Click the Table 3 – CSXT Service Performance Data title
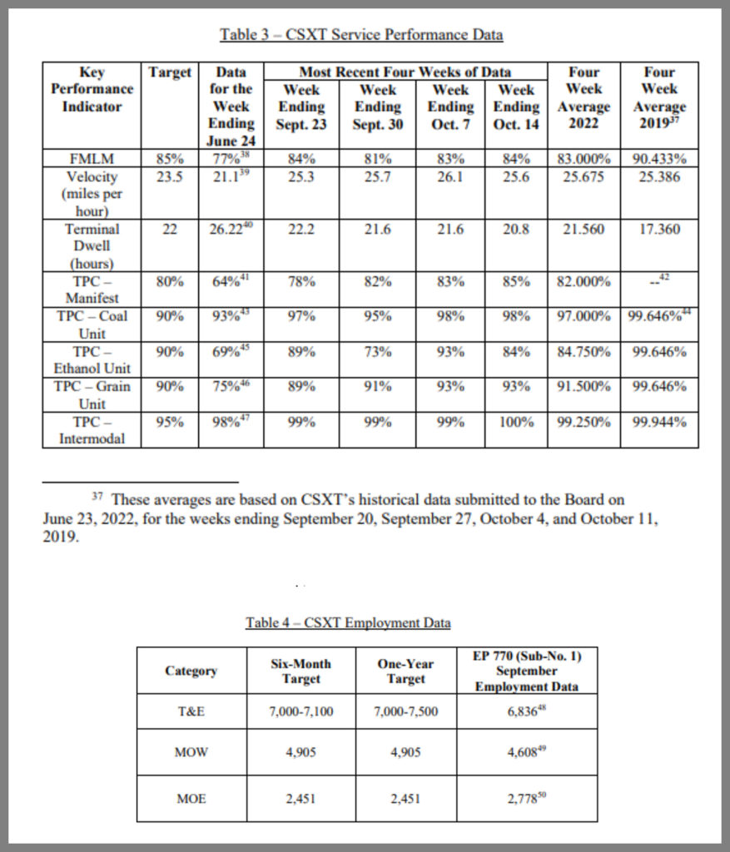[x=361, y=34]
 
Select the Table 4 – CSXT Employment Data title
[x=348, y=622]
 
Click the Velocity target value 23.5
[x=170, y=176]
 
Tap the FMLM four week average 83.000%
[x=583, y=159]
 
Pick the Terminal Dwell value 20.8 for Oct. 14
[x=516, y=229]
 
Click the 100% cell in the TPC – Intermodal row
[x=516, y=422]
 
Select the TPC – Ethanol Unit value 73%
[x=378, y=352]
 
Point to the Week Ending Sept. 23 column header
[x=301, y=107]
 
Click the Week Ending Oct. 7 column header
[x=450, y=107]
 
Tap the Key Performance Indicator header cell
[x=92, y=90]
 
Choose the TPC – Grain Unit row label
[x=92, y=394]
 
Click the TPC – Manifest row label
[x=92, y=290]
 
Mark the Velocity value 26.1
[x=450, y=176]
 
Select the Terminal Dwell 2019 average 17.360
[x=659, y=229]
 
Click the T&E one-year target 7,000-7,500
[x=406, y=711]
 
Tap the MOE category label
[x=191, y=799]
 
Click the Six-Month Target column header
[x=301, y=671]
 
